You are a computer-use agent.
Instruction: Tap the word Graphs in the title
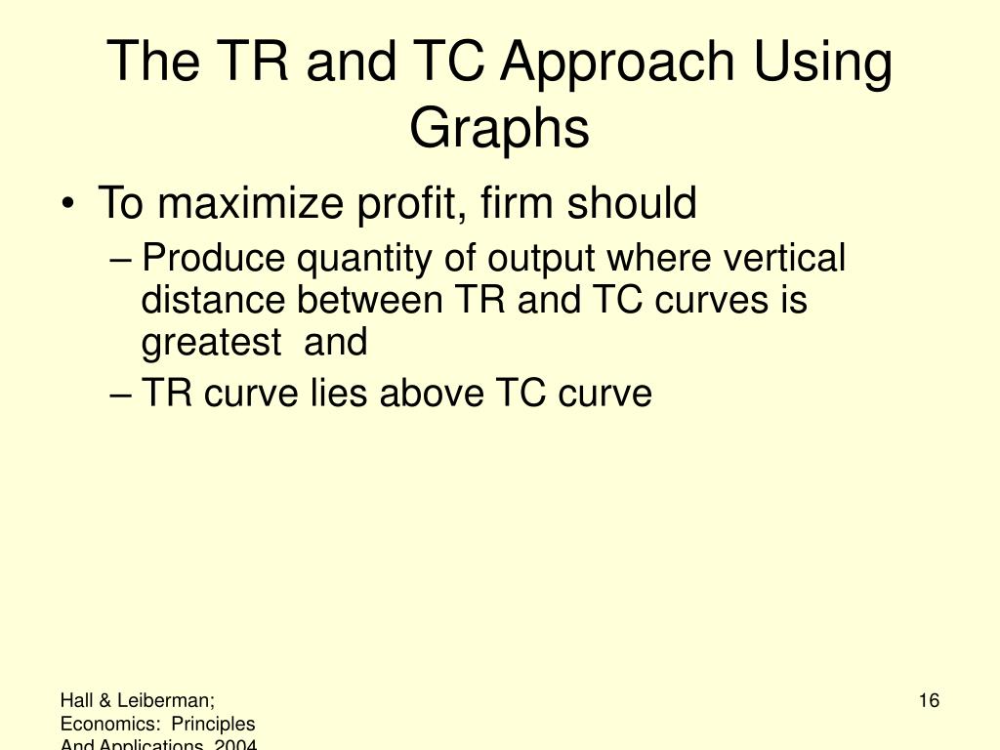[499, 128]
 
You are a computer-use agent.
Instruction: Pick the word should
[633, 205]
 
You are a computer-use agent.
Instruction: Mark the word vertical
[784, 260]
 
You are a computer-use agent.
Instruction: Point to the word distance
[214, 301]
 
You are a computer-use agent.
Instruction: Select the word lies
[338, 394]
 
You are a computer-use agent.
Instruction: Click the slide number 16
[929, 700]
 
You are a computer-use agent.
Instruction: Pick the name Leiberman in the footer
[170, 700]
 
